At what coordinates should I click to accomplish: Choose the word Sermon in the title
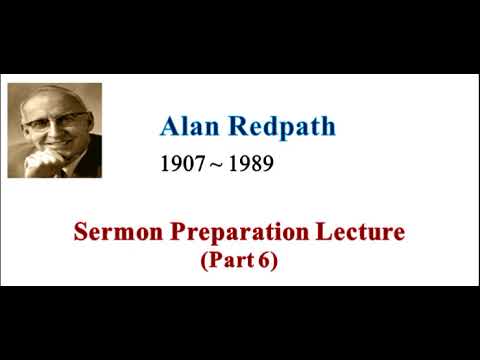point(113,233)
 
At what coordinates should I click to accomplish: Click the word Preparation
point(240,234)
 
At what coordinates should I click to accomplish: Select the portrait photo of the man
point(54,131)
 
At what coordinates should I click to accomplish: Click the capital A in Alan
point(169,127)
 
